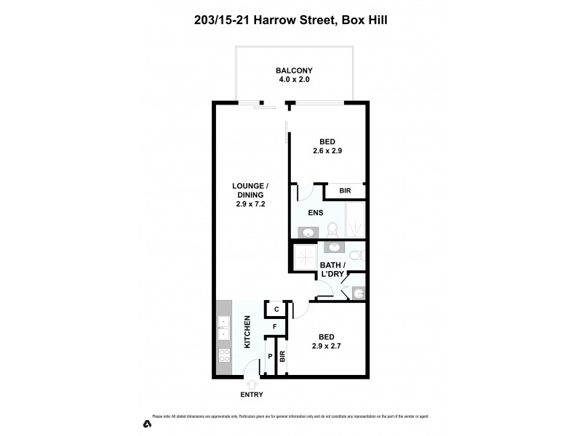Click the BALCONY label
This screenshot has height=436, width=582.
pyautogui.click(x=293, y=70)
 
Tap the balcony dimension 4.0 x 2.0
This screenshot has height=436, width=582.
pyautogui.click(x=293, y=79)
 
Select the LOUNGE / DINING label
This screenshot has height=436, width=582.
pyautogui.click(x=248, y=190)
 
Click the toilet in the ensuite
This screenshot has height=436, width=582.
pyautogui.click(x=332, y=230)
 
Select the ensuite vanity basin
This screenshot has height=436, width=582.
pyautogui.click(x=308, y=233)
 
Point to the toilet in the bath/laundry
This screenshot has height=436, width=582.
pyautogui.click(x=356, y=255)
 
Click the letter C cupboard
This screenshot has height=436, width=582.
pyautogui.click(x=276, y=310)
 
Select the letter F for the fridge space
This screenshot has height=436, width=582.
pyautogui.click(x=274, y=327)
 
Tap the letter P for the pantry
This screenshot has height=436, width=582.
pyautogui.click(x=270, y=357)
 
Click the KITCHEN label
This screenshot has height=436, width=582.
pyautogui.click(x=247, y=332)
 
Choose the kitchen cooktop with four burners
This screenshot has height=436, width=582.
pyautogui.click(x=223, y=357)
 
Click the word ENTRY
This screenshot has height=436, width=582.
pyautogui.click(x=250, y=395)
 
